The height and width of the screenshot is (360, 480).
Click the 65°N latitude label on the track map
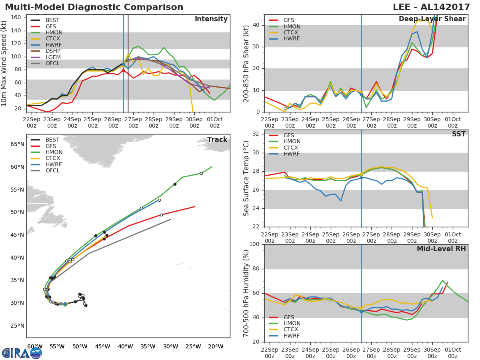(17, 144)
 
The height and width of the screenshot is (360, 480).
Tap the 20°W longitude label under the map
(216, 346)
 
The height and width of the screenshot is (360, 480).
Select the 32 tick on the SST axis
(256, 134)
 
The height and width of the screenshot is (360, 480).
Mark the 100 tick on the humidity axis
(254, 244)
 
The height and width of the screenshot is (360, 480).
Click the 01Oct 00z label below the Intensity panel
(215, 122)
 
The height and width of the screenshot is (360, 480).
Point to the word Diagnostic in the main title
(94, 7)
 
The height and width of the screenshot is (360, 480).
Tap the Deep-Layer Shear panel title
(432, 19)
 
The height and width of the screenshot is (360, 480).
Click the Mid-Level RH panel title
(441, 249)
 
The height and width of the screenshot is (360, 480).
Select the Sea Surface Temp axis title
(246, 178)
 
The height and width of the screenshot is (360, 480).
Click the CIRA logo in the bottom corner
(22, 353)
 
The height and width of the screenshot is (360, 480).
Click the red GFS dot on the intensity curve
(123, 71)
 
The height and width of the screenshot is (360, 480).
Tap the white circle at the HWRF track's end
(160, 200)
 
